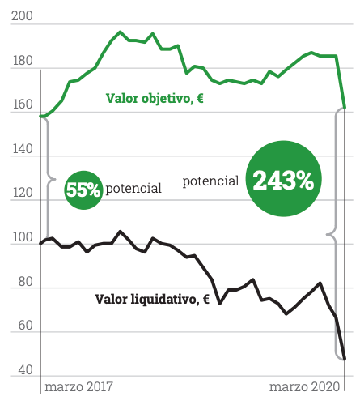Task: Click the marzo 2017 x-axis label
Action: [79, 386]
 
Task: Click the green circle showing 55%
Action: [83, 190]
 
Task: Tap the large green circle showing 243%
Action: [283, 180]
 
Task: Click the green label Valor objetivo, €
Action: [155, 99]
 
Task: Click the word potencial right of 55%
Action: [133, 188]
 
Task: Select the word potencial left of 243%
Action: [210, 181]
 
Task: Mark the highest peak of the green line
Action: [120, 32]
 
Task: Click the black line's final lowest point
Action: [345, 359]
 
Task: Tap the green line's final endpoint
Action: [345, 108]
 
